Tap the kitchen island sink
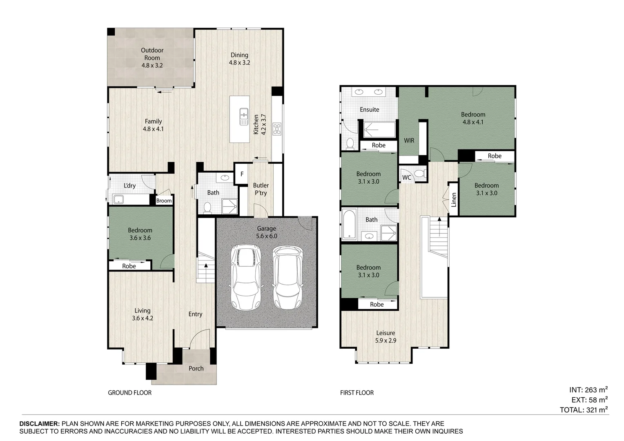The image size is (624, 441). click(244, 116)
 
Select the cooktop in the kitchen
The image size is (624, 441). click(277, 129)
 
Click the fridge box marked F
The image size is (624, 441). click(242, 174)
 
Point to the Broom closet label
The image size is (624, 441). click(164, 200)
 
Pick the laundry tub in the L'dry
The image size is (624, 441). click(119, 199)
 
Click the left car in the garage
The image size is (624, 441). click(245, 277)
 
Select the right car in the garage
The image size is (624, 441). click(287, 277)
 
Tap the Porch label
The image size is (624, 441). click(196, 368)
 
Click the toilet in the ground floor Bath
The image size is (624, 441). click(207, 207)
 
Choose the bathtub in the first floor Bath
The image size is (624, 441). click(349, 224)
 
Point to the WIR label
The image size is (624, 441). click(409, 140)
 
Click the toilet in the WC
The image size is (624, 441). click(419, 174)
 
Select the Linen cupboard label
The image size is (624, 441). click(454, 200)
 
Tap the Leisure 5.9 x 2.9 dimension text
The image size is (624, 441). click(386, 341)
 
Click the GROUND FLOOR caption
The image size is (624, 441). click(129, 393)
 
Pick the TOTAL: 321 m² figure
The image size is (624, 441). click(584, 410)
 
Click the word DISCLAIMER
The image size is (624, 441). click(40, 424)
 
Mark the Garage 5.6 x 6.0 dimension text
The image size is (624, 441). click(267, 236)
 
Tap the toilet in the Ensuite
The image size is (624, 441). click(350, 143)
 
